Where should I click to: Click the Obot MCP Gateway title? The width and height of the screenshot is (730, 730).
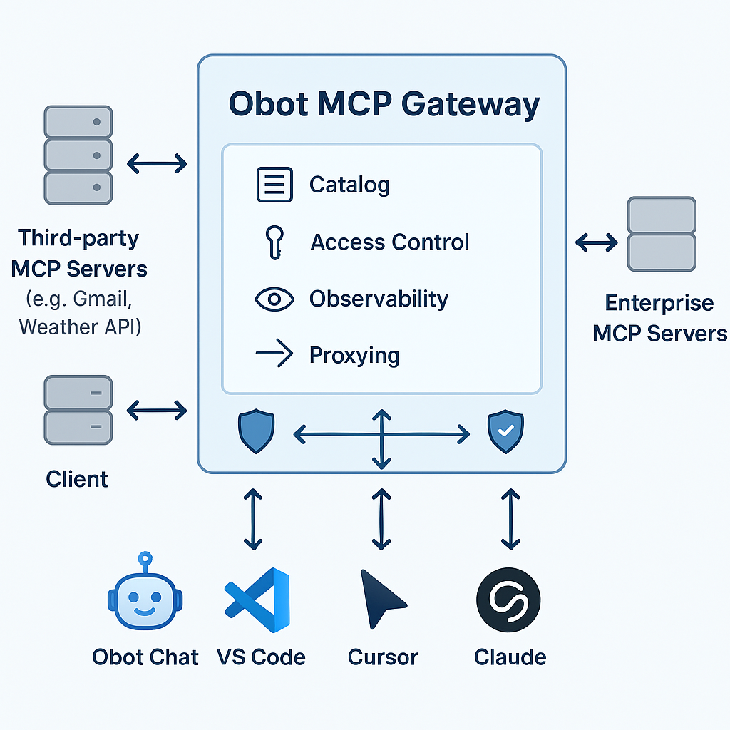pyautogui.click(x=384, y=104)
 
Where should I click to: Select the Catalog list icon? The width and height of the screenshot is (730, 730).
pyautogui.click(x=274, y=185)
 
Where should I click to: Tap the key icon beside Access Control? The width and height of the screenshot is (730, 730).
pyautogui.click(x=273, y=242)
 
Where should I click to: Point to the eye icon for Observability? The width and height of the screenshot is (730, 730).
pyautogui.click(x=274, y=299)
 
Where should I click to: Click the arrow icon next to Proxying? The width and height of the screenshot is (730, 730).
pyautogui.click(x=274, y=354)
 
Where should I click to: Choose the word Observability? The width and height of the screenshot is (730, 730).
pyautogui.click(x=379, y=299)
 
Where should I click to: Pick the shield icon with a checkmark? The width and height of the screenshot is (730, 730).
pyautogui.click(x=505, y=432)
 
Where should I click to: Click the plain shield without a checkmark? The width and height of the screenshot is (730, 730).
pyautogui.click(x=256, y=432)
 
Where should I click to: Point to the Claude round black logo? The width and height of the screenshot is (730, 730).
pyautogui.click(x=508, y=600)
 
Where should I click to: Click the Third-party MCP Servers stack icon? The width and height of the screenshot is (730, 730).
pyautogui.click(x=78, y=155)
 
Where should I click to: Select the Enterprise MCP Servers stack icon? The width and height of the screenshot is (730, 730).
pyautogui.click(x=661, y=234)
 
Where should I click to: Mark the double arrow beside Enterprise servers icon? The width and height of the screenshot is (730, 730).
pyautogui.click(x=597, y=243)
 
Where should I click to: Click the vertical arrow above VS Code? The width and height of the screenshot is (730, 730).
pyautogui.click(x=253, y=518)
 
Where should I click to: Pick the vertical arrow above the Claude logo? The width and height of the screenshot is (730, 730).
pyautogui.click(x=510, y=518)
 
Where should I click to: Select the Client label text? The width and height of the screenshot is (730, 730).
pyautogui.click(x=77, y=478)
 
